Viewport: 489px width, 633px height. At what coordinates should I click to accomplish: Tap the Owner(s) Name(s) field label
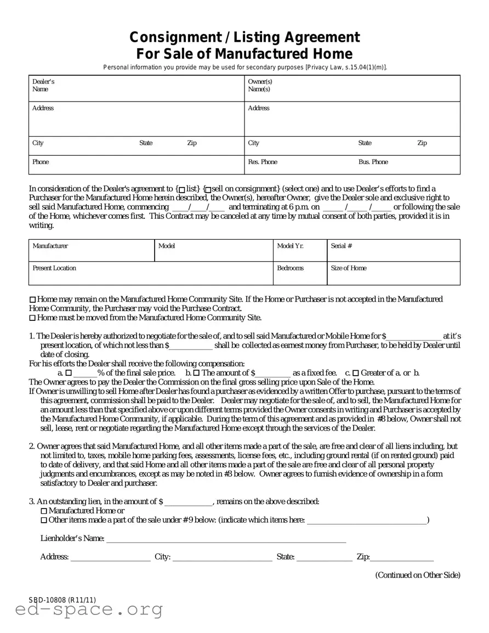tap(260, 85)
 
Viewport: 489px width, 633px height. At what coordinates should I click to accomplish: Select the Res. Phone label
tap(263, 162)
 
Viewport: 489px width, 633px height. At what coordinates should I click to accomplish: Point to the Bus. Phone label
tap(373, 162)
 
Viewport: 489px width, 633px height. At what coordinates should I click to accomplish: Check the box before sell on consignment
tap(207, 189)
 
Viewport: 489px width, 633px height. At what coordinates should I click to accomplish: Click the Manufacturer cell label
tap(50, 246)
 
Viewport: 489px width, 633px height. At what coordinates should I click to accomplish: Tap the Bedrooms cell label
tap(290, 268)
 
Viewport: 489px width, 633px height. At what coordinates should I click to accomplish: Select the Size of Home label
tap(349, 268)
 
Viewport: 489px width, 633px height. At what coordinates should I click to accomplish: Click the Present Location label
tap(54, 268)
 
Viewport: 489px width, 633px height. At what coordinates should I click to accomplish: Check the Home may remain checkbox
tap(32, 299)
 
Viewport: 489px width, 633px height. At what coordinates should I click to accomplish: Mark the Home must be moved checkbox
tap(32, 318)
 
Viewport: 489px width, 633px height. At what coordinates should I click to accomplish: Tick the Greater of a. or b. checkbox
tap(355, 373)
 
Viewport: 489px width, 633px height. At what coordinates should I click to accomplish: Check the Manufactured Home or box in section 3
tap(44, 511)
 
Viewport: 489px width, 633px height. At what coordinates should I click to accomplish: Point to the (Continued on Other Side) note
tap(417, 575)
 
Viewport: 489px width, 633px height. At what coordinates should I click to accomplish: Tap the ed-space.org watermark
tap(89, 609)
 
